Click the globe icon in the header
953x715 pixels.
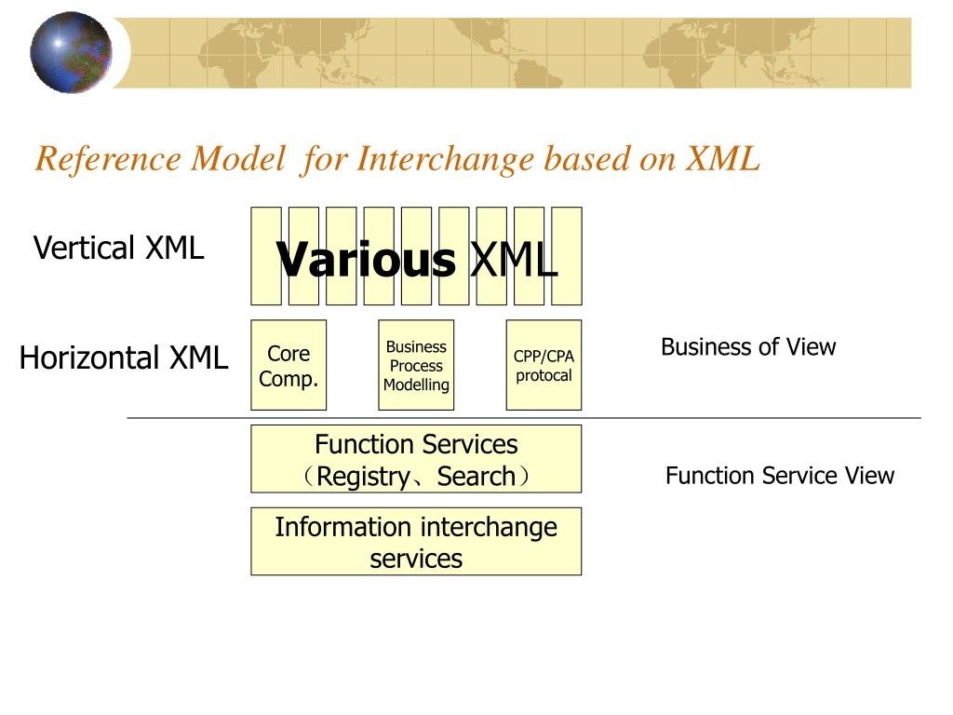[71, 52]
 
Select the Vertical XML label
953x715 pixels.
[118, 249]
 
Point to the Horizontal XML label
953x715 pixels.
[124, 357]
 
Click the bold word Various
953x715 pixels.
[367, 260]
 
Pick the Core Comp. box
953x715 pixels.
[289, 366]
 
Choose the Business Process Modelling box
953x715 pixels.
[416, 366]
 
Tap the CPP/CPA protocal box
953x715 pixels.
[544, 366]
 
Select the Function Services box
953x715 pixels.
[416, 459]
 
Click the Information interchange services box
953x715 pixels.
[416, 542]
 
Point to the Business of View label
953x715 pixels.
[748, 347]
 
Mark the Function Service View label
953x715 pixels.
[779, 476]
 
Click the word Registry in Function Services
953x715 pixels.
[362, 477]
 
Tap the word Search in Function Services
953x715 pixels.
[476, 477]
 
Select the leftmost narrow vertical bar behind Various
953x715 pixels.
[266, 223]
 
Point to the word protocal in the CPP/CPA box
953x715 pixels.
[544, 376]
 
